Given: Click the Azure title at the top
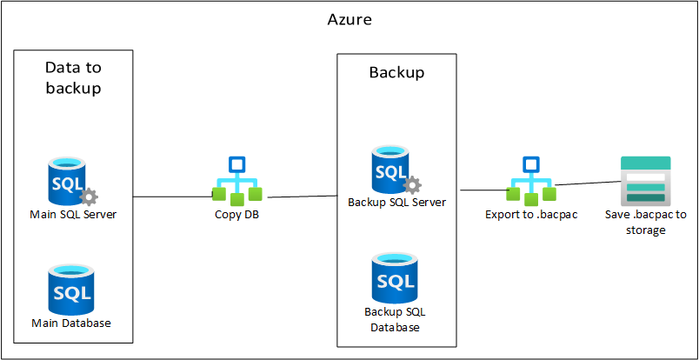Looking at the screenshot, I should pos(349,18).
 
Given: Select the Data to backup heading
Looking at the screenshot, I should pos(73,77).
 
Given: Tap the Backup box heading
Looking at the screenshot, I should pos(396,72).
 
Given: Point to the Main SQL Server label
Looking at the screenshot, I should pos(73,215).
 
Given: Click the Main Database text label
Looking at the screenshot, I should pos(71,323).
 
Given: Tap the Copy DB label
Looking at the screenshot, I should pos(236,215).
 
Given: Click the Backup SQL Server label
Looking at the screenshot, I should pos(396,203).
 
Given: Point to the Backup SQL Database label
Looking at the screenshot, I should pos(396,319).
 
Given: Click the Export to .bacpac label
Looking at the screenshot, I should pos(530,215).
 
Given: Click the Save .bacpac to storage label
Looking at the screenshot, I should pos(645,223).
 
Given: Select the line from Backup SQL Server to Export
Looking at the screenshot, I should pos(483,190).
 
